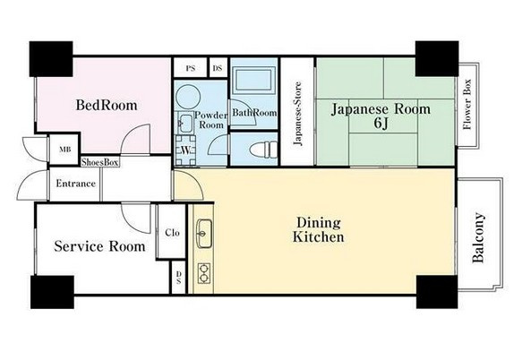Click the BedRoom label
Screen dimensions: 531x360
(107, 105)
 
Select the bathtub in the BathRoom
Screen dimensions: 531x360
(254, 81)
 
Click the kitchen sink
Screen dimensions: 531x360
(204, 234)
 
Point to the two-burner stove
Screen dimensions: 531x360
(204, 273)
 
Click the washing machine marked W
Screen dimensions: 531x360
(185, 150)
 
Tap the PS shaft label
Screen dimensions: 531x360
(191, 68)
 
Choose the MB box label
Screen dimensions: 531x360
(65, 149)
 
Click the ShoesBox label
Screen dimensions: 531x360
(100, 162)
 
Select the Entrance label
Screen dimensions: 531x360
(75, 184)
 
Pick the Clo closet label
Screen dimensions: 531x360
(172, 233)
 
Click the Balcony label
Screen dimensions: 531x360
(478, 237)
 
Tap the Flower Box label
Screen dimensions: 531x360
(467, 104)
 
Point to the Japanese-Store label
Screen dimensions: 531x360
(297, 114)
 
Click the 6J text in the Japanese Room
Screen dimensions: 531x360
(381, 124)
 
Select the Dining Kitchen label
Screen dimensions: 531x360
(318, 229)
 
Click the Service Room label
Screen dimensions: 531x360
(99, 246)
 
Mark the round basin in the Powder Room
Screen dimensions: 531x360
(188, 98)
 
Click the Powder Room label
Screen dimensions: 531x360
(211, 120)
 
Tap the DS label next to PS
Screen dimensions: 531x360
(218, 68)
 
